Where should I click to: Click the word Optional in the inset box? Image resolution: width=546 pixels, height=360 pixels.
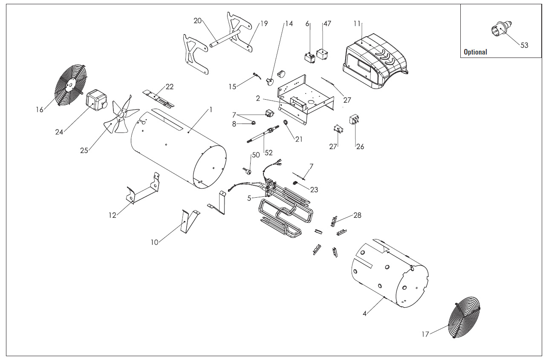(x=475, y=52)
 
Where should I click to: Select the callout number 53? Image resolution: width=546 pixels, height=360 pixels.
(x=524, y=45)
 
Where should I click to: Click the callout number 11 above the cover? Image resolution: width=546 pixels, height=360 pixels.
(x=357, y=23)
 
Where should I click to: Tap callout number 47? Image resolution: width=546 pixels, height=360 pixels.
(x=327, y=23)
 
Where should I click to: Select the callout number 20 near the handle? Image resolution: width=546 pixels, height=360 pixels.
(x=197, y=20)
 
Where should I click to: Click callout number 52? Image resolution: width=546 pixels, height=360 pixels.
(x=269, y=153)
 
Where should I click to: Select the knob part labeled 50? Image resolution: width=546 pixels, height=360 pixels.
(x=247, y=170)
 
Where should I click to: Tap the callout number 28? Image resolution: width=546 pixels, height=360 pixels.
(x=357, y=215)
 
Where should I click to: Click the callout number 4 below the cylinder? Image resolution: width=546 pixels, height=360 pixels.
(x=364, y=314)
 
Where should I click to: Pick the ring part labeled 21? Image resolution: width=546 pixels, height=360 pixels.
(x=286, y=124)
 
